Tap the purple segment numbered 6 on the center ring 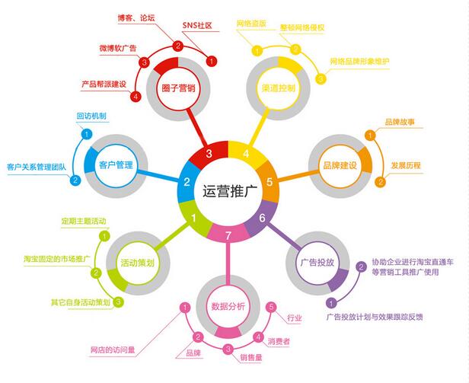tap(261, 217)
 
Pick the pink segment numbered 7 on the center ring tap(228, 234)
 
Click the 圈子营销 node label tap(179, 88)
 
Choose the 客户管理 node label tap(116, 165)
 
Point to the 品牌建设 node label tap(340, 165)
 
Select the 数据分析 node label tap(228, 306)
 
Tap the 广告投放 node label tap(317, 263)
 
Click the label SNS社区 tap(197, 25)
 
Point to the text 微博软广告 tap(118, 48)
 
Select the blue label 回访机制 tap(91, 116)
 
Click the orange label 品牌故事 tap(400, 122)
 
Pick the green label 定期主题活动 tap(84, 221)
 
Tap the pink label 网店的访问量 tap(113, 349)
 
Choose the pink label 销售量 tap(251, 357)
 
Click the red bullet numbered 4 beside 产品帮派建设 tap(136, 97)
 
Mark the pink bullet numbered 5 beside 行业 tap(271, 308)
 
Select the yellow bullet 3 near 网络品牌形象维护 tap(321, 79)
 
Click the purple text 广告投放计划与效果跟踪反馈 tap(375, 317)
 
